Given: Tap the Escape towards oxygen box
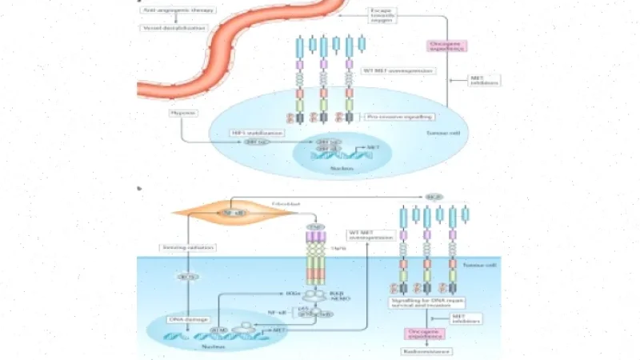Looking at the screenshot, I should pos(383,16).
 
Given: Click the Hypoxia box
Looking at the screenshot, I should pos(184,113).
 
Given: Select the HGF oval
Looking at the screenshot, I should pos(434,195).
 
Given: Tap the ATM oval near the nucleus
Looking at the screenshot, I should pos(218,329).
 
